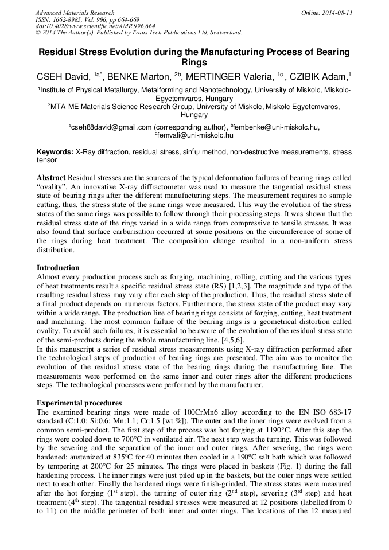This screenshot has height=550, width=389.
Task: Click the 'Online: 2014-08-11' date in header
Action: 326,13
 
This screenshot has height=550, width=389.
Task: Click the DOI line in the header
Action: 95,26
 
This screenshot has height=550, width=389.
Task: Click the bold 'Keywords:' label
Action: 55,153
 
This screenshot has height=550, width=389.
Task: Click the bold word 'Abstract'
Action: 51,178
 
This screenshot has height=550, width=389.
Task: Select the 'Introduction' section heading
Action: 58,268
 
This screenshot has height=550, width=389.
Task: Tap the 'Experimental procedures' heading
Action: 79,403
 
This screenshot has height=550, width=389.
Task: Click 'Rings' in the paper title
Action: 194,63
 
